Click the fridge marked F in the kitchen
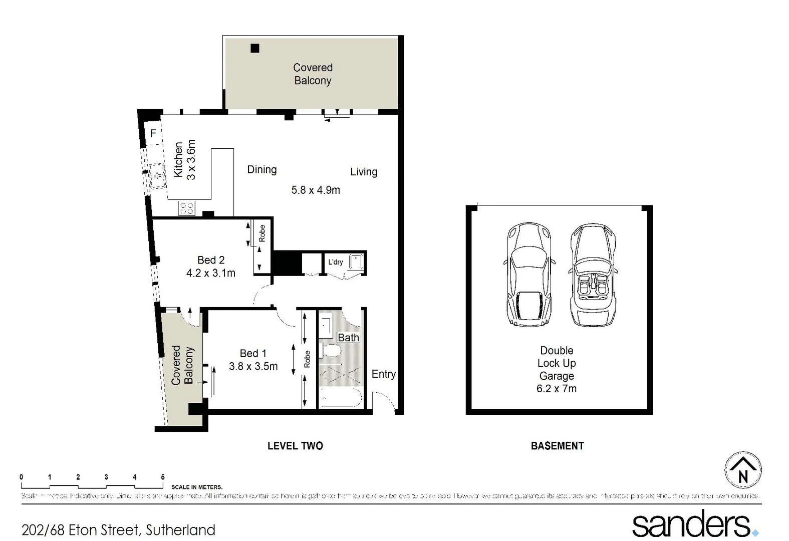tap(153, 133)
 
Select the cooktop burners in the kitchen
tap(186, 208)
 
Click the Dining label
tap(261, 170)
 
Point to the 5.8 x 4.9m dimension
tap(316, 190)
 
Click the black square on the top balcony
tap(255, 49)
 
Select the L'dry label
tap(335, 262)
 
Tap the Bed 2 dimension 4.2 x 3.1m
tap(210, 273)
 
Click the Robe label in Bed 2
tap(261, 233)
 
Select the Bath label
tap(348, 338)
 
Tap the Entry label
tap(383, 374)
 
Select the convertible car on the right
tap(593, 275)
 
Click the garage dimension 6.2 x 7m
tap(556, 389)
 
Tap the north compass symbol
tap(743, 470)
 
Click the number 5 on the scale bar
tap(162, 477)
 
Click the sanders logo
tap(694, 524)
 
